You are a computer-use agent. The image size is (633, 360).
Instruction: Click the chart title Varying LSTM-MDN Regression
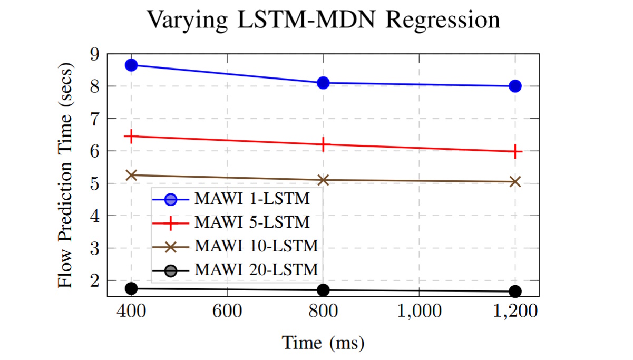[323, 21]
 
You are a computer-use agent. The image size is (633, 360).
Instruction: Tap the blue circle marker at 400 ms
[131, 65]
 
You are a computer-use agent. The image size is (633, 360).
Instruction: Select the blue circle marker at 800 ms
[323, 83]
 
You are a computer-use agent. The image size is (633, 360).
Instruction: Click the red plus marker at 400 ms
[131, 136]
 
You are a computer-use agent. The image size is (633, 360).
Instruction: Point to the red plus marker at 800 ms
[323, 144]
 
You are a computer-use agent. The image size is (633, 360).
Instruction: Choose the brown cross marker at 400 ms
[131, 175]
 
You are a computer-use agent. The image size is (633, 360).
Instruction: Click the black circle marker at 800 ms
[323, 290]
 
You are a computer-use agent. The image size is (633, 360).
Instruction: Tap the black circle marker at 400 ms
[131, 288]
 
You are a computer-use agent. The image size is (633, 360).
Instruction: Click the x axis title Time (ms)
[323, 343]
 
